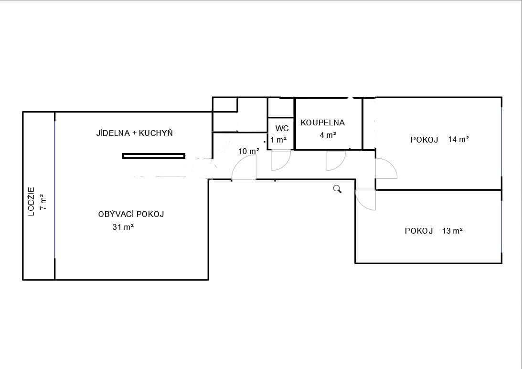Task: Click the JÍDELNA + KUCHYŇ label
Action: (134, 133)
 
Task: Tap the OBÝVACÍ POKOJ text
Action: (131, 214)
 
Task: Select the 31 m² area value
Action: (123, 227)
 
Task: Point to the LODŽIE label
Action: (32, 201)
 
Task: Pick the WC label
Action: (282, 129)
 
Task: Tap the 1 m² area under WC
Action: (278, 140)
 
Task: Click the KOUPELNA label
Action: (322, 123)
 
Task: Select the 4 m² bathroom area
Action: (328, 135)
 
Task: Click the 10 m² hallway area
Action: (249, 151)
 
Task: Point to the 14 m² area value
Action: (458, 139)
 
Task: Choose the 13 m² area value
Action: (453, 231)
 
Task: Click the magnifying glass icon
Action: (338, 189)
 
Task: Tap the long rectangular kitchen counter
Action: (154, 155)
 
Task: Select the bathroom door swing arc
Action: (336, 161)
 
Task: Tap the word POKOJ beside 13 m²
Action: (419, 231)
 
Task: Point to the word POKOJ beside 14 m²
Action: (425, 140)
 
